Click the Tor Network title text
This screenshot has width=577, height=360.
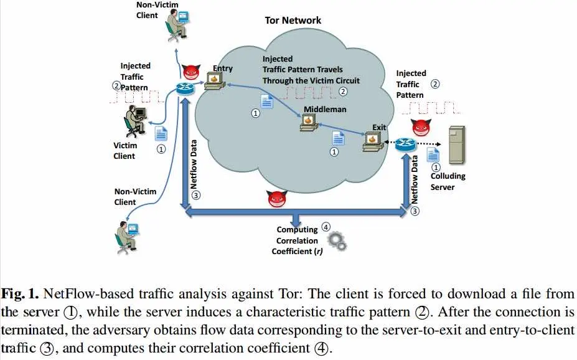click(x=293, y=20)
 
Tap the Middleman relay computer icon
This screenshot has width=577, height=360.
click(x=308, y=123)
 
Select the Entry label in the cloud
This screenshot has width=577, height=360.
click(x=222, y=69)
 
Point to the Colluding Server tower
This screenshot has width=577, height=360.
click(x=457, y=146)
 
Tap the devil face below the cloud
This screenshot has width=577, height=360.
click(x=276, y=199)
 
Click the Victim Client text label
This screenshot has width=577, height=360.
click(x=124, y=151)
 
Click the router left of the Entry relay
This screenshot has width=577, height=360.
click(x=185, y=87)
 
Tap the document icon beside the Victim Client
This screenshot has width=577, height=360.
click(x=161, y=133)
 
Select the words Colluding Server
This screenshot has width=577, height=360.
click(x=448, y=181)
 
